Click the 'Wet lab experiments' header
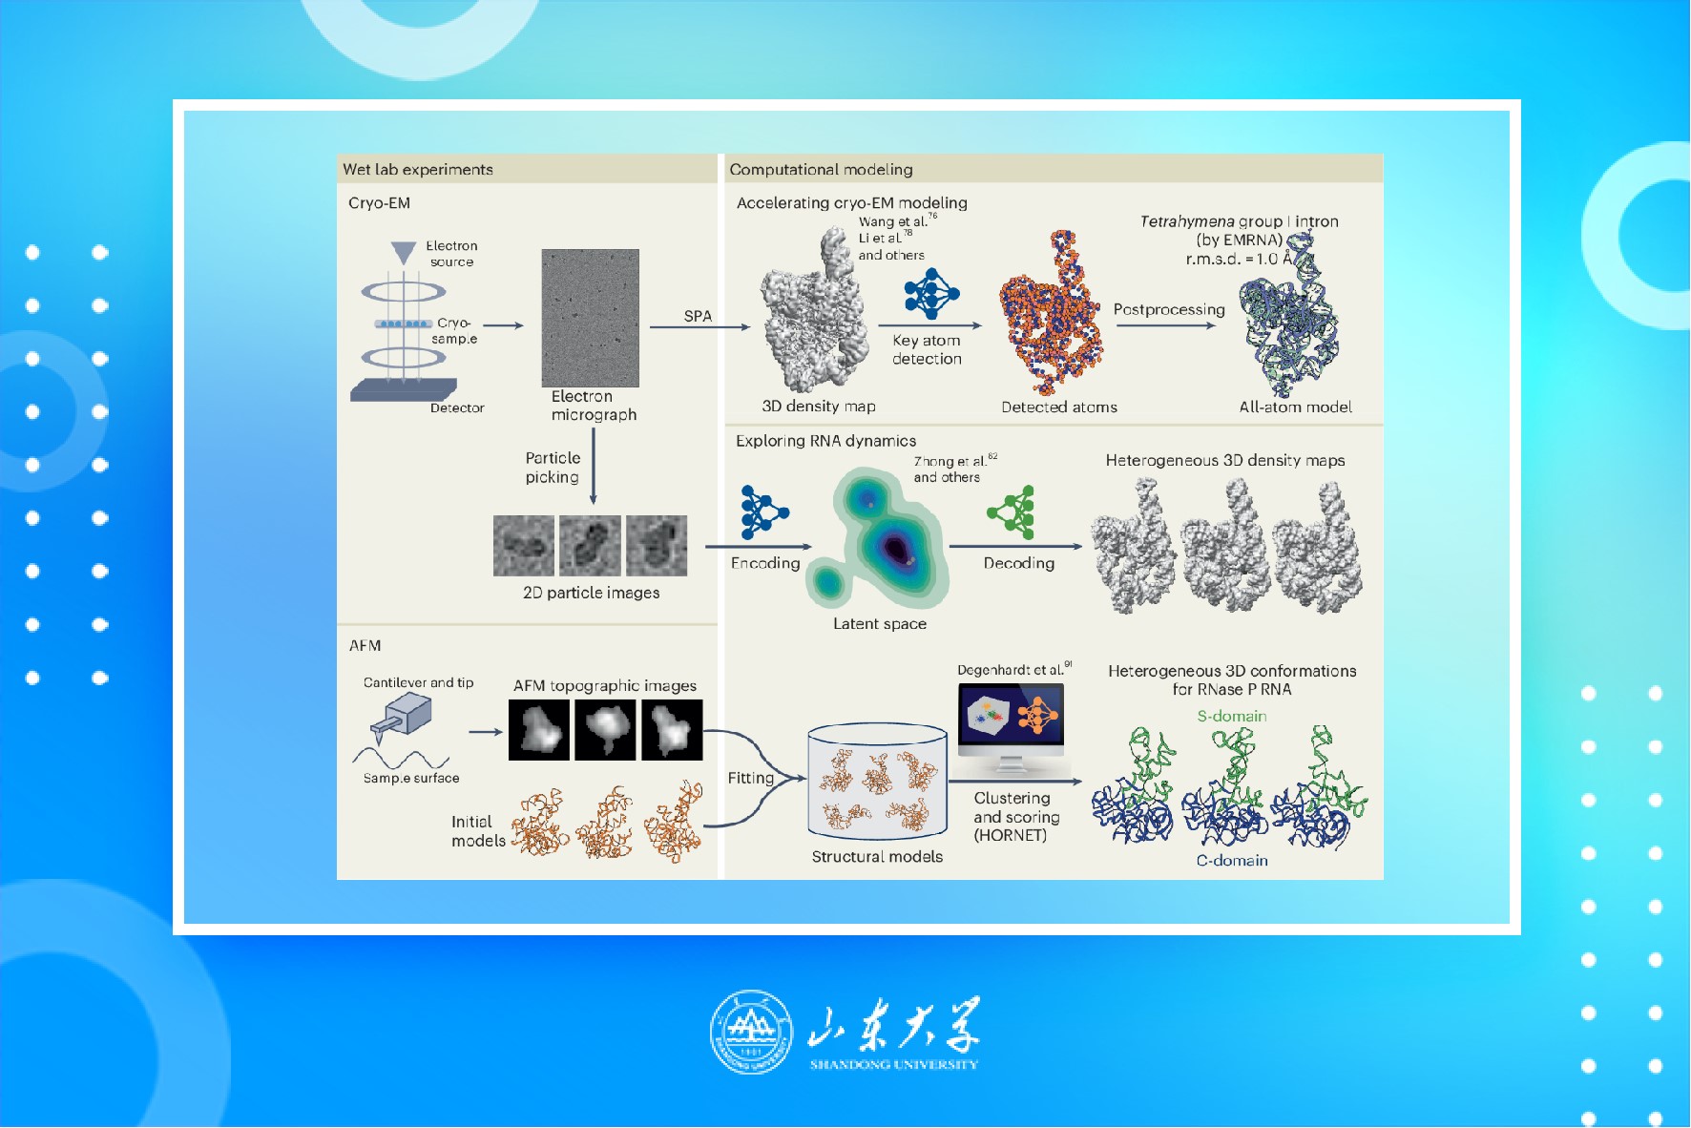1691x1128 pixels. coord(418,170)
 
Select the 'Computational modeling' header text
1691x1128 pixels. coord(821,170)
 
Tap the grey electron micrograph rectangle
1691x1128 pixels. coord(590,318)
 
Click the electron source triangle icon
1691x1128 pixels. coord(404,253)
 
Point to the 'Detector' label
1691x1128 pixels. coord(457,408)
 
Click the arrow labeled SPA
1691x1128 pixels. coord(699,327)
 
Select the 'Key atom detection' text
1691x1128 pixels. coord(927,349)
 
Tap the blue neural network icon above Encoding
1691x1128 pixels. coord(763,512)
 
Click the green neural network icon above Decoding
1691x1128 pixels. coord(1013,512)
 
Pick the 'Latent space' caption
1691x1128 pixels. coord(880,624)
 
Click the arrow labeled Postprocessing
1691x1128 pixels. coord(1166,326)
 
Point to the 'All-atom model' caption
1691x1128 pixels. coord(1295,407)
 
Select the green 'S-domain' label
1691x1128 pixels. coord(1232,717)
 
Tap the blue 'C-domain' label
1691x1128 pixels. coord(1232,861)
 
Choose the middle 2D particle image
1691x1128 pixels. coord(590,546)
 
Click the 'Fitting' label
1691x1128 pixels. coord(751,779)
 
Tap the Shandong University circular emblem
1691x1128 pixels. coord(751,1032)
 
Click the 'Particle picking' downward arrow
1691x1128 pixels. coord(594,466)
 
